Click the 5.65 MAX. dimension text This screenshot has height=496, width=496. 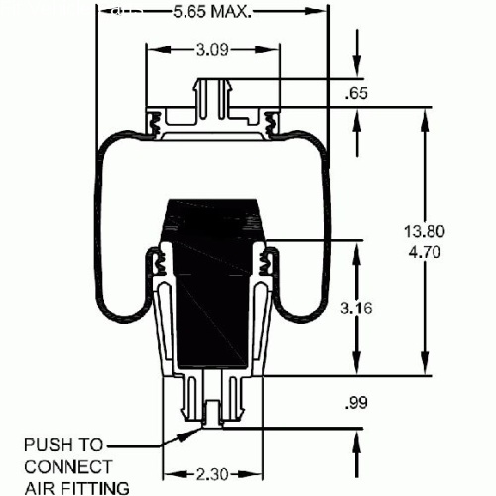click(x=212, y=12)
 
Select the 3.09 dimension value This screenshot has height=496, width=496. click(x=212, y=50)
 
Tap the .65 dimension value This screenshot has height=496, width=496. click(x=356, y=93)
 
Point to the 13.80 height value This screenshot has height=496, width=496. click(x=425, y=231)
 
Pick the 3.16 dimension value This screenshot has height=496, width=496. click(x=356, y=309)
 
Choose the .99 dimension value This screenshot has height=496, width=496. click(x=356, y=403)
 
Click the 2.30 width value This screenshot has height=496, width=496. click(x=212, y=475)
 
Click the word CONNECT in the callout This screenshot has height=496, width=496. click(x=68, y=467)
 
